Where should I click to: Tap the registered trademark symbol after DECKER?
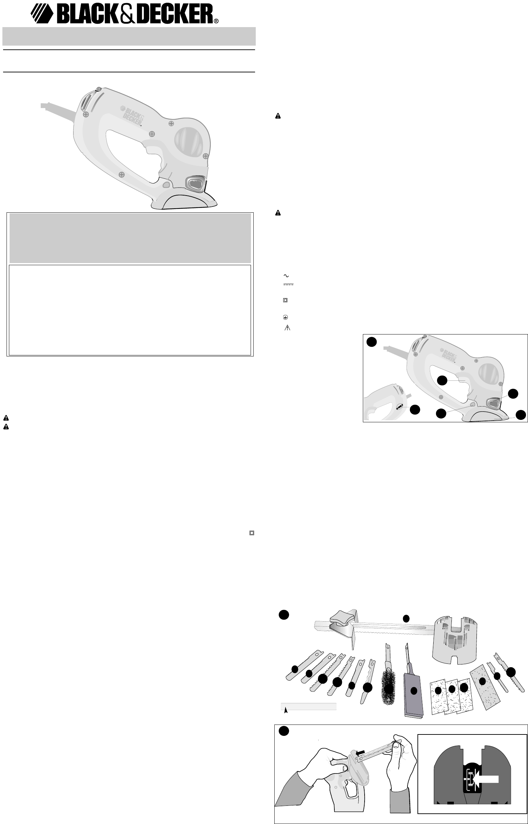pyautogui.click(x=216, y=21)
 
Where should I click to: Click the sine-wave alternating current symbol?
pyautogui.click(x=285, y=275)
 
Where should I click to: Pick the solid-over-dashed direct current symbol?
pyautogui.click(x=289, y=284)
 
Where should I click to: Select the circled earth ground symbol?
pyautogui.click(x=285, y=318)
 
